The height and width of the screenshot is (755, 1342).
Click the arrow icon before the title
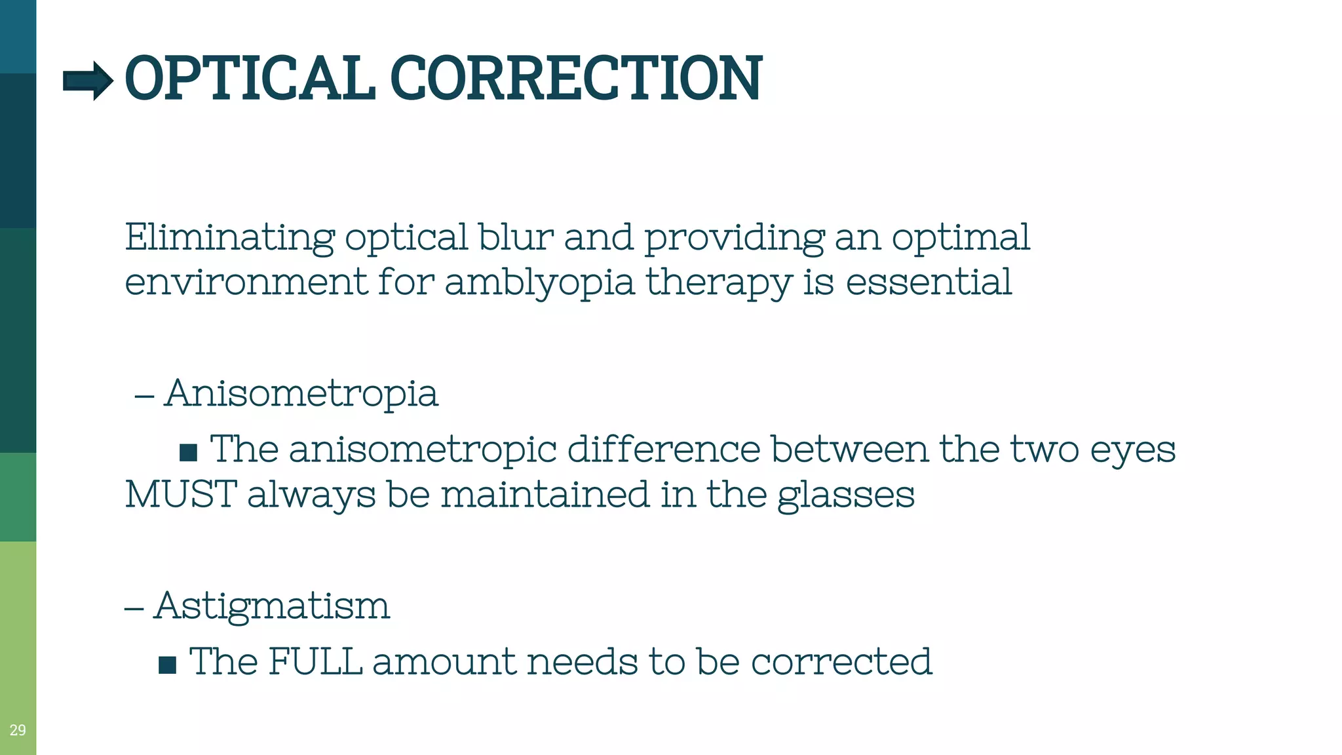click(x=88, y=81)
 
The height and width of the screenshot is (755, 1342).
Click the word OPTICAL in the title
click(x=250, y=79)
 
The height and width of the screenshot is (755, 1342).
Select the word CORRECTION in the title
click(x=576, y=79)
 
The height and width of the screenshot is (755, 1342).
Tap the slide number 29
click(x=18, y=730)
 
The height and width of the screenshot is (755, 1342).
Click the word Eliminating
click(x=229, y=237)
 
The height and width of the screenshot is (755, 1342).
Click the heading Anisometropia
click(x=301, y=393)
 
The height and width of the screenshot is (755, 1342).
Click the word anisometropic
click(x=423, y=450)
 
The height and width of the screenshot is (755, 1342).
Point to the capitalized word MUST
click(x=181, y=494)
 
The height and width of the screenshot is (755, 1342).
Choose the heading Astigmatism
click(x=272, y=606)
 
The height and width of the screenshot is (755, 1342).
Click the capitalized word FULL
click(x=315, y=661)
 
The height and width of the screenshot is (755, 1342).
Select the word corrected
click(x=841, y=662)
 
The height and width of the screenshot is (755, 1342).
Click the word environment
click(x=246, y=282)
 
